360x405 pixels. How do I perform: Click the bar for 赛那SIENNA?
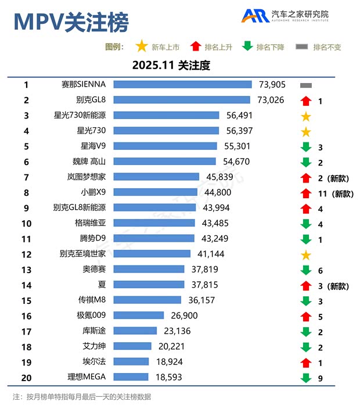point(182,85)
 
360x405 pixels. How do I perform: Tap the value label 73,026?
point(271,100)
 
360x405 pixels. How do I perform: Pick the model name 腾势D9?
point(93,238)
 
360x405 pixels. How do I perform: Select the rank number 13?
point(26,269)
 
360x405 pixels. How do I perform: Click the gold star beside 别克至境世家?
point(306,255)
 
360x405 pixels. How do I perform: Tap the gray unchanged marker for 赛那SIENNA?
point(306,85)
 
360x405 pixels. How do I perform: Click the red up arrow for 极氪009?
point(306,316)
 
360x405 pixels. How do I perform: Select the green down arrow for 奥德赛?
point(306,270)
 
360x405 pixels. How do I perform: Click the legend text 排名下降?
point(271,47)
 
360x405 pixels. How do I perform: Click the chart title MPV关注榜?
point(71,22)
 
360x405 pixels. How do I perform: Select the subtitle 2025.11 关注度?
point(171,66)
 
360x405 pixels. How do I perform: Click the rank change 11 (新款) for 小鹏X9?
point(336,193)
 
